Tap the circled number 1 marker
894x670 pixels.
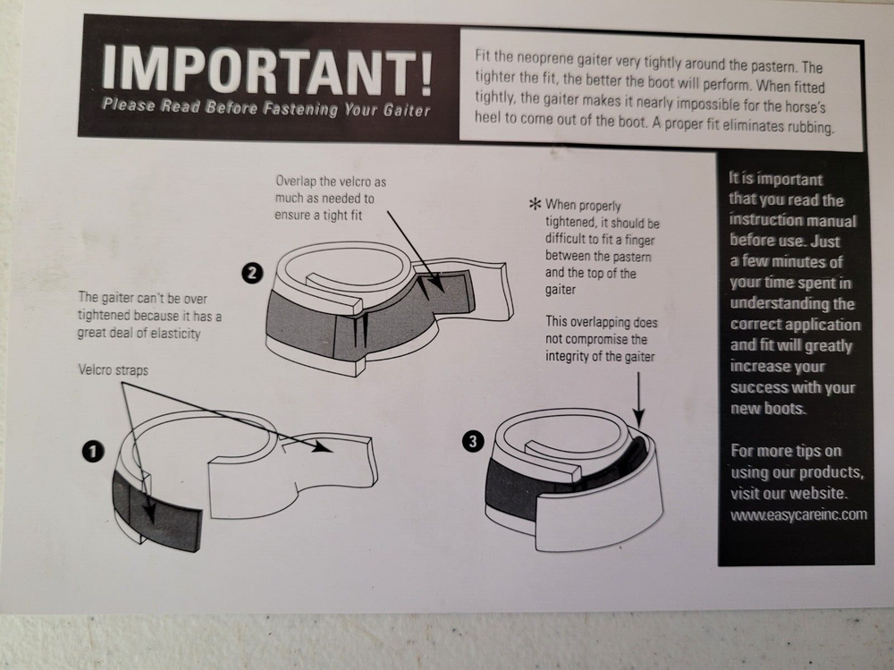pos(93,452)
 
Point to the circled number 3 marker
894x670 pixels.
pos(473,441)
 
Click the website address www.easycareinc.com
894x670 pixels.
pos(798,514)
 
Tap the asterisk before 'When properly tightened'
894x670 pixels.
pos(536,204)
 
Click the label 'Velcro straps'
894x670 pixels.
pos(114,370)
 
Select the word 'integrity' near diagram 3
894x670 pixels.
pos(568,357)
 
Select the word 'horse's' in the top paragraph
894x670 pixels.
pos(804,106)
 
